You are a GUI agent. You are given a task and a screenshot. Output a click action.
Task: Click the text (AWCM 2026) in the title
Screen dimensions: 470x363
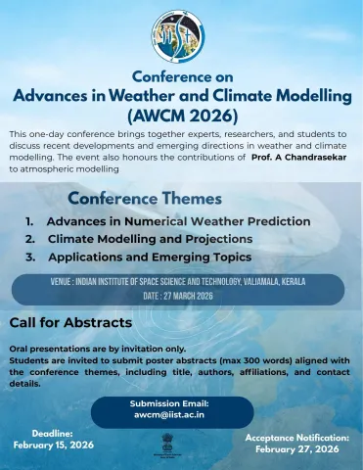181,115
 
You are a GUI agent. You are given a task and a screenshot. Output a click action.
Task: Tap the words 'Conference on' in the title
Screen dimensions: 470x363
181,76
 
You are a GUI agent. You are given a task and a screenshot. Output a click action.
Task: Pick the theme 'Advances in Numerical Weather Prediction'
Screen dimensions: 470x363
178,221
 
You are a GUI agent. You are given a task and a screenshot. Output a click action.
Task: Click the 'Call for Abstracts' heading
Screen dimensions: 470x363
70,323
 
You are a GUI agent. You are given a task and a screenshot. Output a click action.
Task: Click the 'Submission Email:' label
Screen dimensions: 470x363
169,403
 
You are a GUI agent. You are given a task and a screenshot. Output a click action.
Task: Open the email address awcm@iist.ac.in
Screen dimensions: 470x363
169,415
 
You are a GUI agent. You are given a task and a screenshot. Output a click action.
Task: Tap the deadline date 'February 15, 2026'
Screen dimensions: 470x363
54,445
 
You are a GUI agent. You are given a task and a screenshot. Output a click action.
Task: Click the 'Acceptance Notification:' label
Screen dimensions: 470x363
296,438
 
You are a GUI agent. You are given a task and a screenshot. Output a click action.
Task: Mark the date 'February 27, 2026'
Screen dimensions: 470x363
296,449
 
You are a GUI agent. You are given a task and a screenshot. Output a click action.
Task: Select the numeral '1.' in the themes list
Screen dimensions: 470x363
31,221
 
